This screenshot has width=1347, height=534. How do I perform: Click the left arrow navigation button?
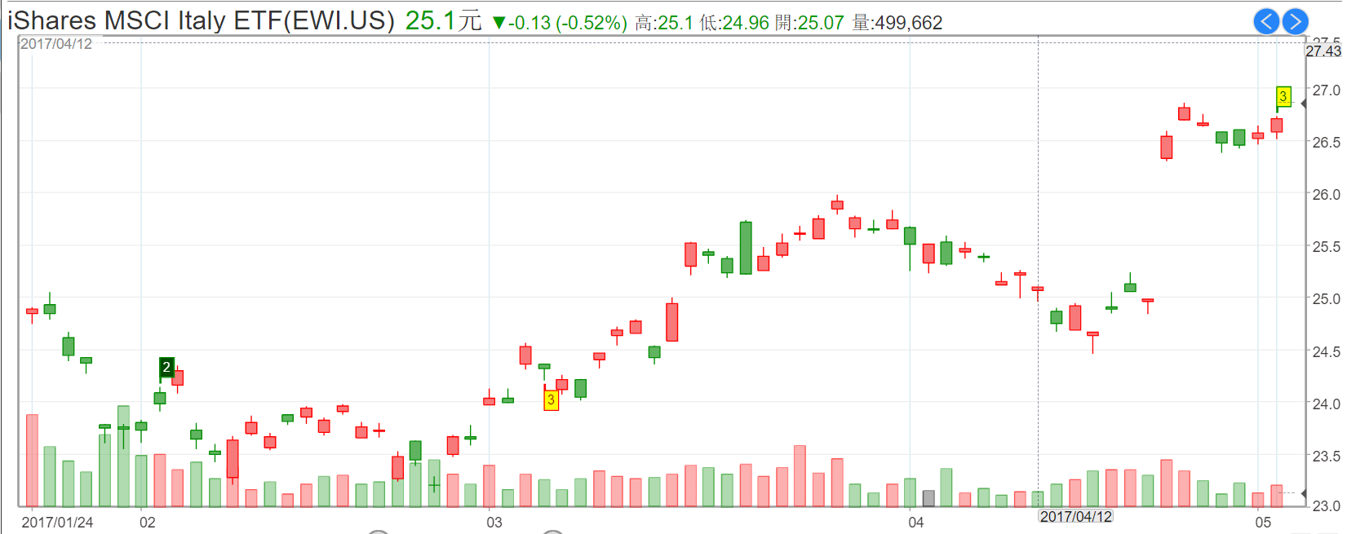pyautogui.click(x=1266, y=21)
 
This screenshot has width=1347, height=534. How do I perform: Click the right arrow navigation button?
pyautogui.click(x=1295, y=21)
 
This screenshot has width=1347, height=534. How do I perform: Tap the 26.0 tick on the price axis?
pyautogui.click(x=1326, y=194)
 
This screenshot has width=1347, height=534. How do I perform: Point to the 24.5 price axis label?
pyautogui.click(x=1326, y=351)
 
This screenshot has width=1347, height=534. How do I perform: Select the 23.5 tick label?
pyautogui.click(x=1326, y=456)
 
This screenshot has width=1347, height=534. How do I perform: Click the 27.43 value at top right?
pyautogui.click(x=1323, y=51)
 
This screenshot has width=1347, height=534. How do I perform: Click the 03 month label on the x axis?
pyautogui.click(x=494, y=522)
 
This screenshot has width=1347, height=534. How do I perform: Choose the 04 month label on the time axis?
pyautogui.click(x=916, y=522)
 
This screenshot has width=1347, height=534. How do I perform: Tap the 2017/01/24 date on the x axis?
pyautogui.click(x=57, y=522)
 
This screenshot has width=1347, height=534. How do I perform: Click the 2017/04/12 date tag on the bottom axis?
pyautogui.click(x=1075, y=516)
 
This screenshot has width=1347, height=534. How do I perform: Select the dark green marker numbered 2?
pyautogui.click(x=166, y=367)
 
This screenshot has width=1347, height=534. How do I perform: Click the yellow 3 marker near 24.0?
pyautogui.click(x=552, y=399)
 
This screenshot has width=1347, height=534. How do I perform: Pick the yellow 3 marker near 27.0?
pyautogui.click(x=1283, y=96)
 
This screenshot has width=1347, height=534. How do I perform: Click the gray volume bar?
pyautogui.click(x=928, y=498)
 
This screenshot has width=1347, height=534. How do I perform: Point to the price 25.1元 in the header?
pyautogui.click(x=443, y=21)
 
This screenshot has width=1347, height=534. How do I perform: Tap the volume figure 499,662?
pyautogui.click(x=908, y=23)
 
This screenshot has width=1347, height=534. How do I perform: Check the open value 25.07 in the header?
pyautogui.click(x=821, y=23)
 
